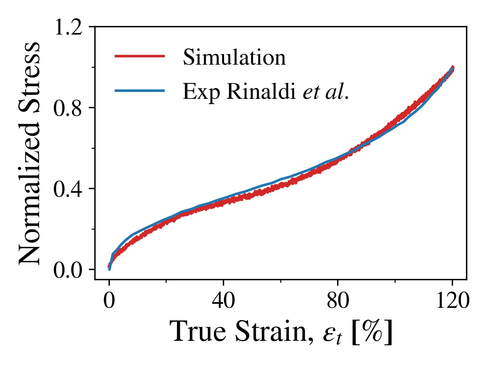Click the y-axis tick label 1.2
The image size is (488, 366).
tap(71, 28)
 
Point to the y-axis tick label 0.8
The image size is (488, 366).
tap(71, 109)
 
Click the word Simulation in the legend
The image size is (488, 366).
tap(234, 58)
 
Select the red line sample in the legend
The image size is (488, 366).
tap(139, 56)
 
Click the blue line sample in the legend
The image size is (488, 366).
tap(139, 91)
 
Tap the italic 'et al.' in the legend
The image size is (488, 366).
tap(326, 93)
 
